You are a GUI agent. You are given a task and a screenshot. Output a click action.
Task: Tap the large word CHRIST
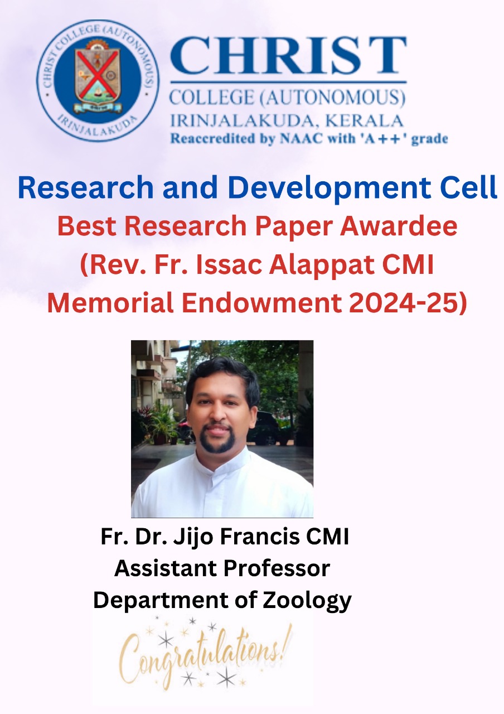click(x=288, y=55)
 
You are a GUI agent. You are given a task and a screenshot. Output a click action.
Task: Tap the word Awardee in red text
click(x=398, y=226)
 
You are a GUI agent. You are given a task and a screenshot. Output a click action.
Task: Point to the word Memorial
click(x=110, y=302)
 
